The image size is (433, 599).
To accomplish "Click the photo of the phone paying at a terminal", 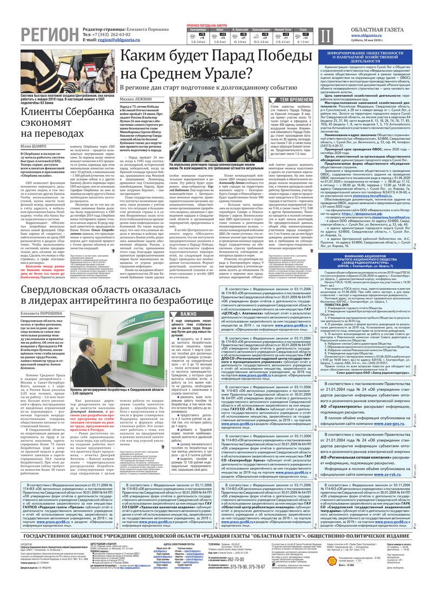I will tap(60, 70).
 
